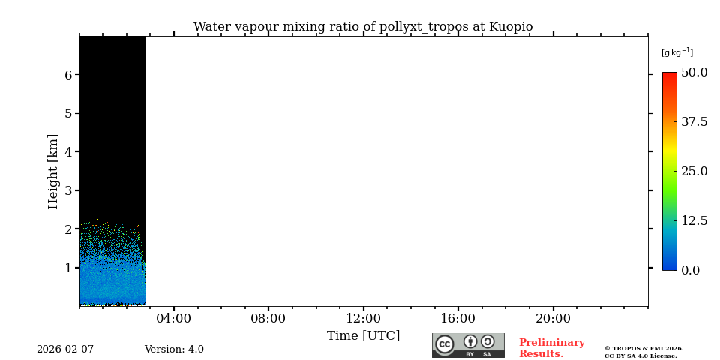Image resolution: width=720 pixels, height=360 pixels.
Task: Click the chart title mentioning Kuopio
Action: pos(363,27)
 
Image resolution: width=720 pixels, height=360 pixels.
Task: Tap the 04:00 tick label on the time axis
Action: pos(173,318)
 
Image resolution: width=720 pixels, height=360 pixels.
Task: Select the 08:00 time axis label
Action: pos(268,318)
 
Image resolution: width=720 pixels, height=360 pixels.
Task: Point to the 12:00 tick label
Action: pos(363,318)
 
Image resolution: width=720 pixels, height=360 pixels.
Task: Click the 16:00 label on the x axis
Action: pos(457,318)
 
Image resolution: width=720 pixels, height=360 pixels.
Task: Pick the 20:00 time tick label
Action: pos(553,318)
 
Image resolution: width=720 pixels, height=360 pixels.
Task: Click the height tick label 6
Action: pos(68,75)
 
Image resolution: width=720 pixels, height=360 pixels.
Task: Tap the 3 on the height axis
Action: pos(68,190)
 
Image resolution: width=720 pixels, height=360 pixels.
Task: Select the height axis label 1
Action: pos(68,268)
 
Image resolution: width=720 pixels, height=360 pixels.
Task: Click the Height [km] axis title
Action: pos(53,171)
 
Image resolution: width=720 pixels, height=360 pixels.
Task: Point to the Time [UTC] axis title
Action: pos(363,335)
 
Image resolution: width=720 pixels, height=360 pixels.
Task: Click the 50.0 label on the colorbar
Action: pos(694,73)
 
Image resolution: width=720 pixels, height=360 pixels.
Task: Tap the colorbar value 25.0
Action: pos(694,171)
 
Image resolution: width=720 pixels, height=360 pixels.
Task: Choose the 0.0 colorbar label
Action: pos(690,270)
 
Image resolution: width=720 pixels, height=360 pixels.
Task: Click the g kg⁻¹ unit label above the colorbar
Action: pos(676,52)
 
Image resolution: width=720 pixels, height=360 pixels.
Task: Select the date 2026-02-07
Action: pos(65,349)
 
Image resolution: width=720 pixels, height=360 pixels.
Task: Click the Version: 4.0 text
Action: pos(174,349)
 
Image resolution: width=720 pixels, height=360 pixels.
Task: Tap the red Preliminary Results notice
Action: pos(551,348)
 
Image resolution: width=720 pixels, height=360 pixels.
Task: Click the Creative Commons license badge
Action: pos(468,345)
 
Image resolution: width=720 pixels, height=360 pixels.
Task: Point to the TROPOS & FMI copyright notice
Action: pos(643,352)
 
